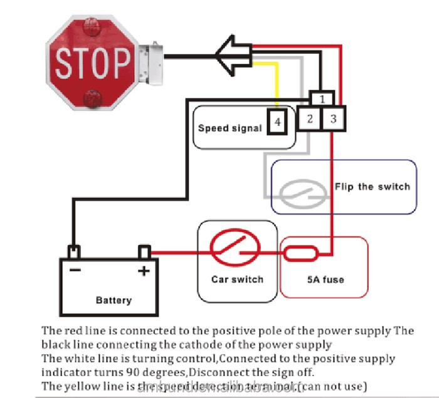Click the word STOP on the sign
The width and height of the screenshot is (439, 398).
pyautogui.click(x=91, y=63)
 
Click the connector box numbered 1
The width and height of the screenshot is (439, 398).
pyautogui.click(x=321, y=98)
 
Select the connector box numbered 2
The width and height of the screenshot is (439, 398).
pyautogui.click(x=309, y=118)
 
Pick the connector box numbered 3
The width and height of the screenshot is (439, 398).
pyautogui.click(x=333, y=118)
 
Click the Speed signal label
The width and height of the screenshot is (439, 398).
pyautogui.click(x=230, y=128)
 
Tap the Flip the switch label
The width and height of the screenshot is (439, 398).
pyautogui.click(x=372, y=187)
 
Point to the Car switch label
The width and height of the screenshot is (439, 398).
pyautogui.click(x=237, y=279)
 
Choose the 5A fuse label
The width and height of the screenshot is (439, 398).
pyautogui.click(x=324, y=280)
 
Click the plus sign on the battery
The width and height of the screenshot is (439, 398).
pyautogui.click(x=144, y=271)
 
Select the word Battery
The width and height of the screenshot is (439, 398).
pyautogui.click(x=114, y=300)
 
